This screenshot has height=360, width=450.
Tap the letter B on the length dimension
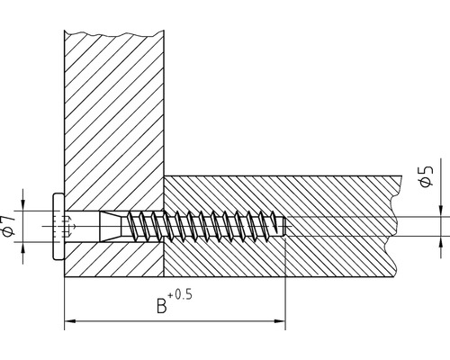click(161, 307)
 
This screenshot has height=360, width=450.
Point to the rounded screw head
click(58, 227)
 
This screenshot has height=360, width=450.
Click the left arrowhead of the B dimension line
click(70, 320)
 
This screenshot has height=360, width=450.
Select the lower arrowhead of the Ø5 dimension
click(442, 242)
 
